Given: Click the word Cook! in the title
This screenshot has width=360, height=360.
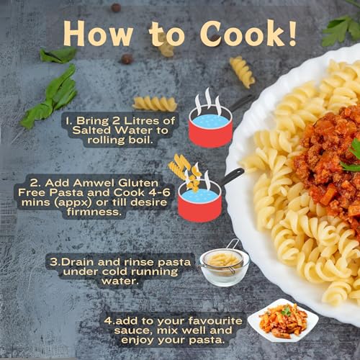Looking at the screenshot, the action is (248, 34).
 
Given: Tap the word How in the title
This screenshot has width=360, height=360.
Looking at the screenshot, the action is (98, 34).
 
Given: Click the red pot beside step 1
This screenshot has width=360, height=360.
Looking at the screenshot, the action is (211, 128).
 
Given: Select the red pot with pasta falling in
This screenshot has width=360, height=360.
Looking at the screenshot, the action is (199, 202).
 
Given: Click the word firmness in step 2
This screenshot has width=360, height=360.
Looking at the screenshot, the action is (93, 212).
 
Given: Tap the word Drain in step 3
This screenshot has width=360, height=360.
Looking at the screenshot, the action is (77, 262).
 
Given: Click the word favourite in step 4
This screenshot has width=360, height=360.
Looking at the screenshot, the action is (215, 321).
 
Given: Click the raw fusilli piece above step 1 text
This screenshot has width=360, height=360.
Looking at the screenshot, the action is (155, 104).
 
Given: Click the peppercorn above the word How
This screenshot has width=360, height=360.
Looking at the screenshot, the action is (116, 8).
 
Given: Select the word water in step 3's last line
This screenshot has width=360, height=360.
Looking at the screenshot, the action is (120, 281).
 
